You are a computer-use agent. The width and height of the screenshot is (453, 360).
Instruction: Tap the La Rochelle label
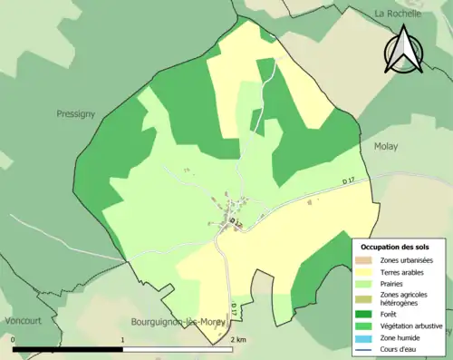(400, 14)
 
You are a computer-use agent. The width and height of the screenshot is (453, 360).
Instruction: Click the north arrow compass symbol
(403, 51)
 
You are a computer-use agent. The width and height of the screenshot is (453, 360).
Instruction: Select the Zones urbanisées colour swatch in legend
(362, 261)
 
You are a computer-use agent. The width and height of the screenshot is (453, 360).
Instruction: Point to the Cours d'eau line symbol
(362, 351)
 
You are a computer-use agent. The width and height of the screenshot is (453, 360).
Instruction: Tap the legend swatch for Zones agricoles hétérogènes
(362, 299)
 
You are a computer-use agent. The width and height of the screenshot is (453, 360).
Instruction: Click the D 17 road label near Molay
(351, 182)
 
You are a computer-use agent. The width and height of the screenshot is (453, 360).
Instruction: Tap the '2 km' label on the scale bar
(237, 340)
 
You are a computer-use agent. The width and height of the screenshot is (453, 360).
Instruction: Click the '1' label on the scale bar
(122, 340)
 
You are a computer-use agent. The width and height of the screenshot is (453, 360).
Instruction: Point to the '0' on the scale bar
(14, 340)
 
